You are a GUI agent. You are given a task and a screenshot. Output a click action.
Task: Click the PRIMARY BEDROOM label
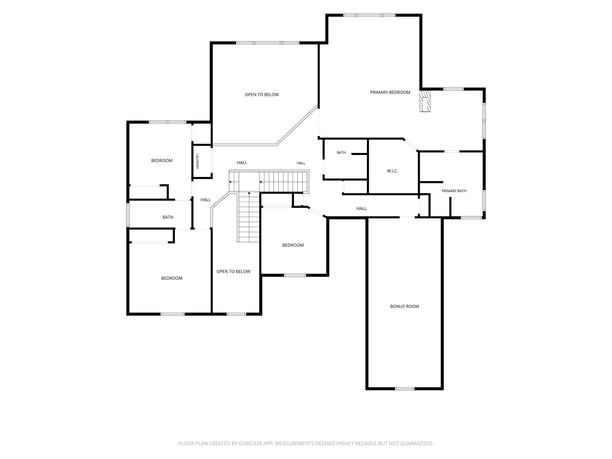[390, 92]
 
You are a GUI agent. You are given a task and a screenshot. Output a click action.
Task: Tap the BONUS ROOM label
[404, 306]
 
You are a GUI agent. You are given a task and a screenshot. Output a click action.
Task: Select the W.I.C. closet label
[393, 171]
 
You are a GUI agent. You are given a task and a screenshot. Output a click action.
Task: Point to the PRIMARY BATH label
[454, 191]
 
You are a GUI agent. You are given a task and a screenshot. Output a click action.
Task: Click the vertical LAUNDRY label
[197, 161]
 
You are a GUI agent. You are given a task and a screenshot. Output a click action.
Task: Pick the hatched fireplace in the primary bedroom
[425, 101]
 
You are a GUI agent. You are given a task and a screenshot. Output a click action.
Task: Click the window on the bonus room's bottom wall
[405, 389]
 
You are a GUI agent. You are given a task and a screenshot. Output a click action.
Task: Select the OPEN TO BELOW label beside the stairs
[233, 271]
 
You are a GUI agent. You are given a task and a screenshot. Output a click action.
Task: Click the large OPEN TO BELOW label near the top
[262, 95]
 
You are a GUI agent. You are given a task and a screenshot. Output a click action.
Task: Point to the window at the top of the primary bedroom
[369, 15]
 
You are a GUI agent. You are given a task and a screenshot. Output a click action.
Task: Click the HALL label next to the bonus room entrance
[362, 209]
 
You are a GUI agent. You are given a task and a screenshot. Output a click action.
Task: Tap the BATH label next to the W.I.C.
[341, 152]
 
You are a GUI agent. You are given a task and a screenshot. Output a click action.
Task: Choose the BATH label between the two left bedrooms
[168, 217]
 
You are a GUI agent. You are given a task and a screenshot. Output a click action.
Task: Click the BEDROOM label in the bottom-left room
[172, 278]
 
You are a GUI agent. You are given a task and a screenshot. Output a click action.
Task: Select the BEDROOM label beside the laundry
[162, 160]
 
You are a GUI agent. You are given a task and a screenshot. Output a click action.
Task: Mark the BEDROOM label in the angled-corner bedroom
[293, 245]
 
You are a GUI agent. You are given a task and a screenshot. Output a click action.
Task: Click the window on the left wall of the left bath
[128, 215]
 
